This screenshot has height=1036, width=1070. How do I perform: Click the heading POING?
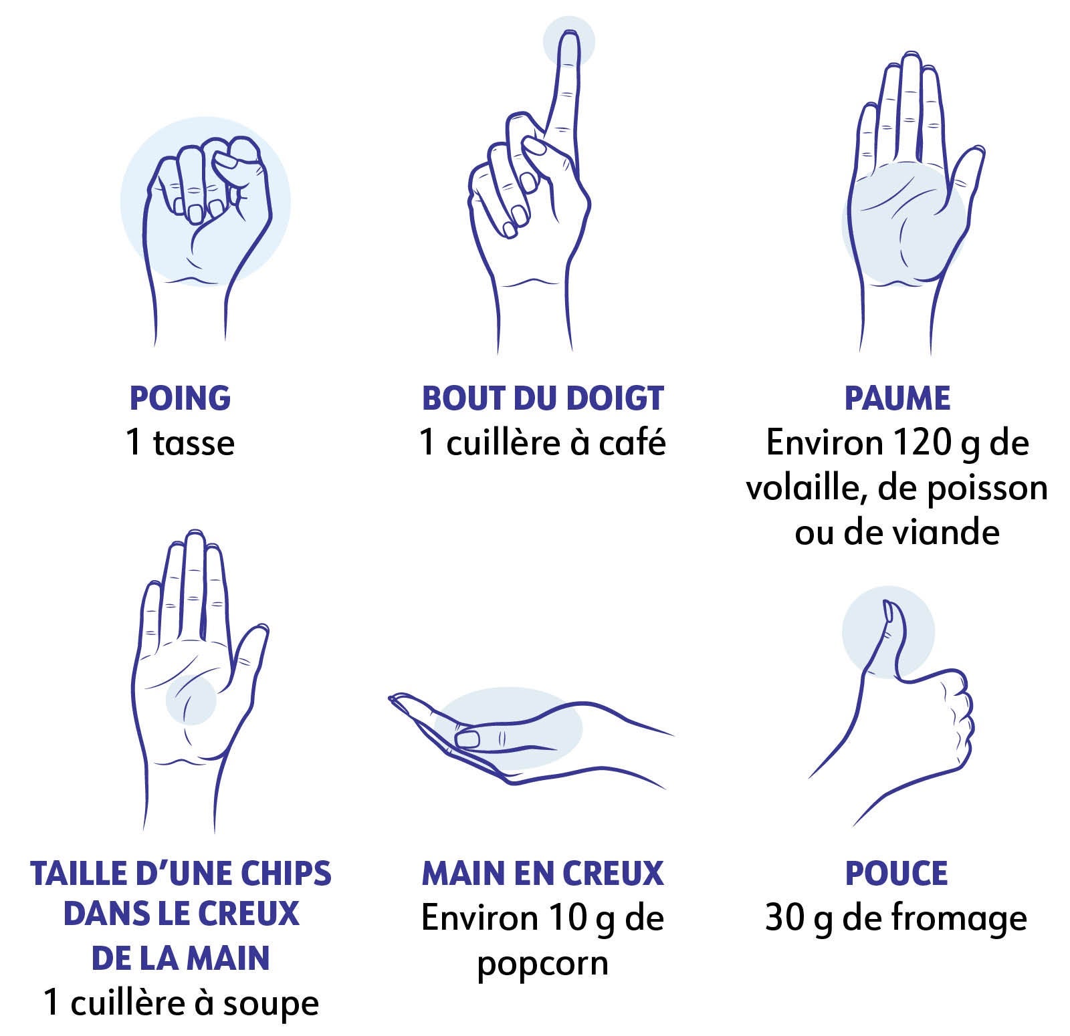pyautogui.click(x=180, y=398)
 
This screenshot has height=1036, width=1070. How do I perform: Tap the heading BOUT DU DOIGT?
pyautogui.click(x=542, y=398)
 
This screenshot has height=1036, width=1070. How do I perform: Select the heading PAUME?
pyautogui.click(x=897, y=398)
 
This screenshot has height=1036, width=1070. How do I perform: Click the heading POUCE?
pyautogui.click(x=897, y=874)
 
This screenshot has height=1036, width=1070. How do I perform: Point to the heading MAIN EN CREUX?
pyautogui.click(x=542, y=874)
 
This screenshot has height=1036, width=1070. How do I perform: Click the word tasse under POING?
pyautogui.click(x=194, y=443)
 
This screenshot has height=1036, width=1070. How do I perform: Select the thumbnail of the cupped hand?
pyautogui.click(x=467, y=739)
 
